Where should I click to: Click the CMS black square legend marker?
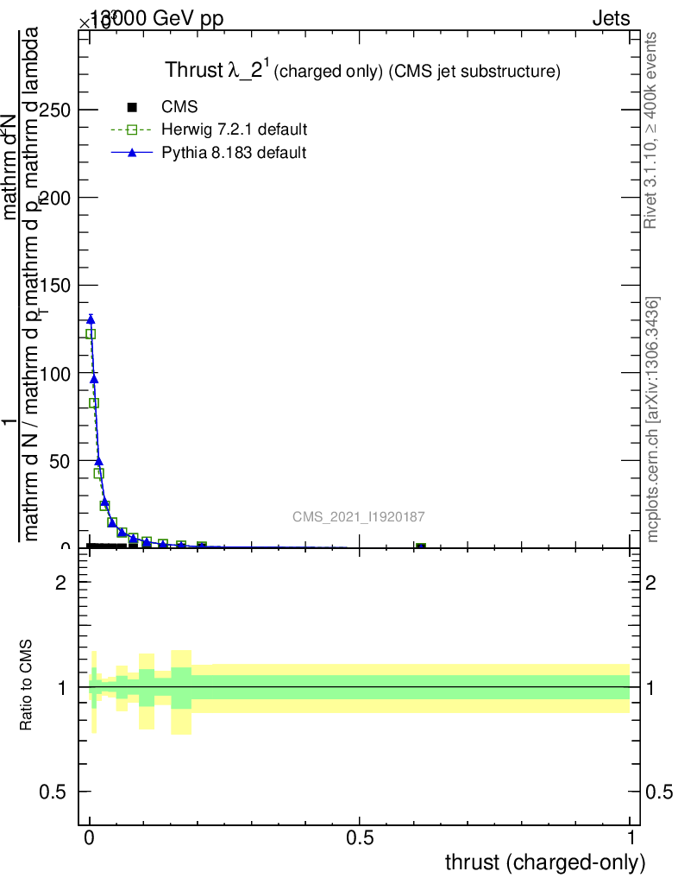pos(132,108)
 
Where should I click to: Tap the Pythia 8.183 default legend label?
pos(234,153)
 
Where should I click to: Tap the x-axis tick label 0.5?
pos(359,838)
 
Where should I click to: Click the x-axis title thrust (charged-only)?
pos(545,862)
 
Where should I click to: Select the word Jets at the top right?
pos(611,18)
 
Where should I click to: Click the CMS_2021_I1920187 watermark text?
pos(358,517)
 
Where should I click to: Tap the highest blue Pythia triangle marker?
pos(91,319)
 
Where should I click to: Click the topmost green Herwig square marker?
pos(91,334)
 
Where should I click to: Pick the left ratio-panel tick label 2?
pos(61,583)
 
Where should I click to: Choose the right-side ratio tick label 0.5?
pos(659,792)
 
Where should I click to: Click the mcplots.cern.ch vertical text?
pos(653,420)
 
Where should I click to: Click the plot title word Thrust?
pos(195,72)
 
